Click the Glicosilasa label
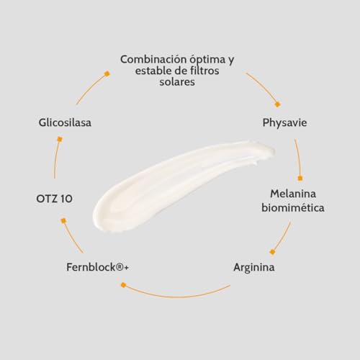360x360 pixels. coord(65,122)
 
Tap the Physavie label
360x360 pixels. coord(284,123)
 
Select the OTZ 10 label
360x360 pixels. coord(54,199)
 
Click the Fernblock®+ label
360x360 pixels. coord(97,267)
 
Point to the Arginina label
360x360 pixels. coord(254,268)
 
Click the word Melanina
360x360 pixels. coord(293,194)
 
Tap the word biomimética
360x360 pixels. coord(293,207)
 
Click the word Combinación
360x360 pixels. coord(153,59)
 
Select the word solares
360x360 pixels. coord(177,82)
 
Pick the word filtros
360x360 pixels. coord(204,71)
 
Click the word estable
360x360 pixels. coord(153,71)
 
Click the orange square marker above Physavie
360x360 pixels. coord(278,104)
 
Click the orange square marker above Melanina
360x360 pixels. coord(300,179)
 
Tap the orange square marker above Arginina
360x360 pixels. coord(272,252)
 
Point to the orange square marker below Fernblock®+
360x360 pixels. coord(123,285)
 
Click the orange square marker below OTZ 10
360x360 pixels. coord(63,221)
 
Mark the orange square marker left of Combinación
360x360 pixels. coord(107,73)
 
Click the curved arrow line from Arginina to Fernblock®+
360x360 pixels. coord(177,297)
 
